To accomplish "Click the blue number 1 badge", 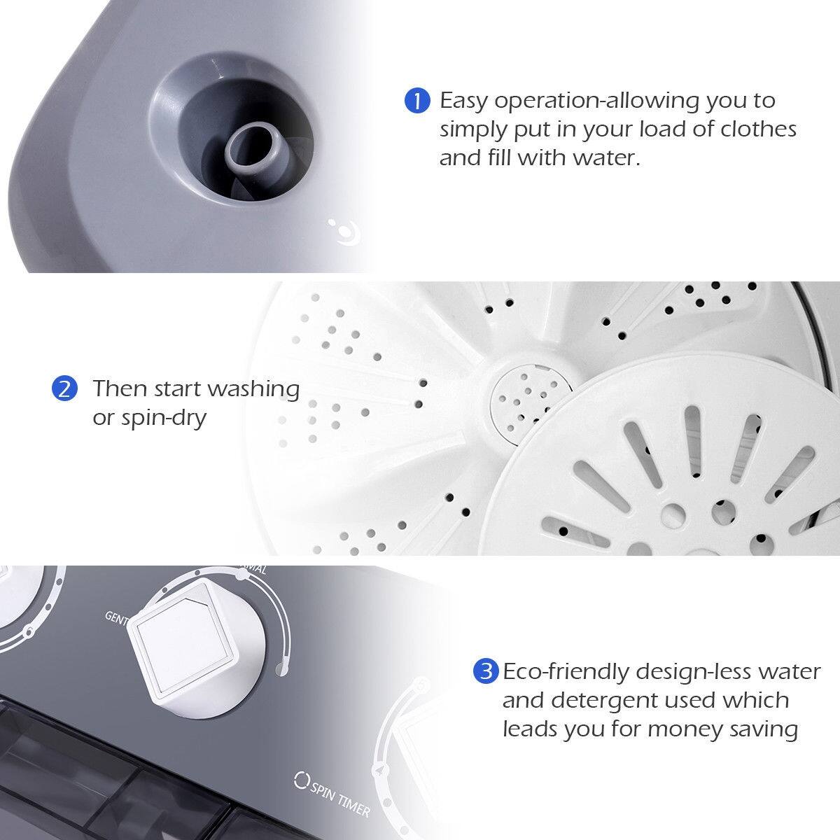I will click(417, 101).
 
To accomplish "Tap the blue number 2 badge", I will click(64, 388).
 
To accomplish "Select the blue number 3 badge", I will click(485, 672).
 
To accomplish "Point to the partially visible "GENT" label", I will click(115, 616).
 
